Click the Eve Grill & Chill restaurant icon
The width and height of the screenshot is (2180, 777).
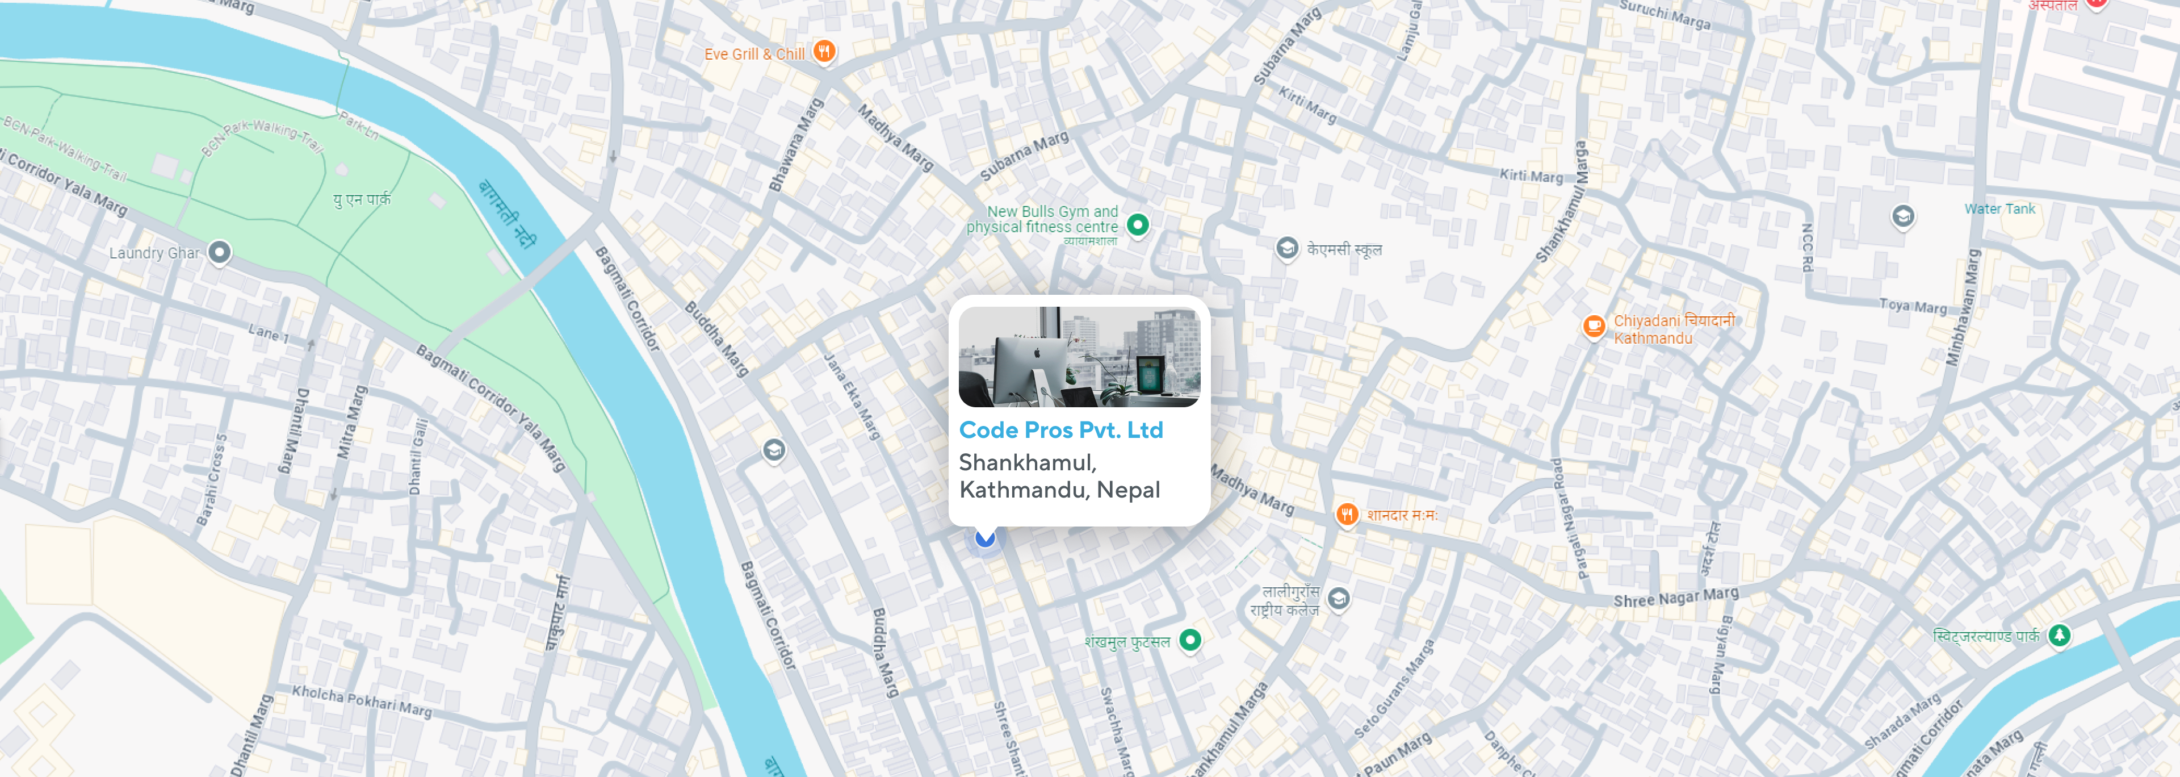pos(823,52)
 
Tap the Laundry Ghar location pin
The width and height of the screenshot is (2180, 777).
pos(219,252)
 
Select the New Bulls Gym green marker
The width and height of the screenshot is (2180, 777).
pos(1138,224)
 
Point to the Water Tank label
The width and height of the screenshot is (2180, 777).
pos(1999,209)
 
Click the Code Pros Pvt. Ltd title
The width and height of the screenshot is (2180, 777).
pos(1060,430)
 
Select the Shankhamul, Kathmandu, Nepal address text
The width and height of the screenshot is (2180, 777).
pos(1059,475)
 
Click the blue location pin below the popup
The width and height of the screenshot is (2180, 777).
pos(985,537)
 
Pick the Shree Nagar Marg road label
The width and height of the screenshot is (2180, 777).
pos(1676,597)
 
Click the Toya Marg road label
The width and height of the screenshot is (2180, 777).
pos(1913,306)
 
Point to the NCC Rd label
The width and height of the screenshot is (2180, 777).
pos(1806,248)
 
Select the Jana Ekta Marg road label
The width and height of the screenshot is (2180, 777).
pos(852,396)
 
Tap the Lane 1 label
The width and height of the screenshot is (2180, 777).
pos(269,333)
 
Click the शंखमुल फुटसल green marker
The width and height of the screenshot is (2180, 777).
pos(1190,640)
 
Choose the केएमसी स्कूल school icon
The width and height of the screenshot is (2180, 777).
pos(1286,248)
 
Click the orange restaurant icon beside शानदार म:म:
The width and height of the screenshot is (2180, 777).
pos(1347,514)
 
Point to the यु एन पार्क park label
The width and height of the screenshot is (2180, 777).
pos(362,200)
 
